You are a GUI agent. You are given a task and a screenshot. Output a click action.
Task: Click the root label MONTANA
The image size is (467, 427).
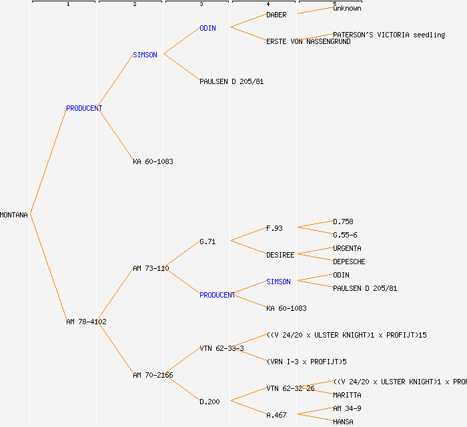pos(14,215)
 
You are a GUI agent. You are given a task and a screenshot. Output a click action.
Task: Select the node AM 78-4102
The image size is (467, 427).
pos(86,322)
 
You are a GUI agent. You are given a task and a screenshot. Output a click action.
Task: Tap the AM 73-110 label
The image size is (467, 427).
pos(150,268)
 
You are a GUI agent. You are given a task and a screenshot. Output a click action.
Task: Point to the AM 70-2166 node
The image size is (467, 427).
pos(153,375)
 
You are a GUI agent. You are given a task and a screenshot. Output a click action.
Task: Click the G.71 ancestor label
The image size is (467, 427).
pos(207,242)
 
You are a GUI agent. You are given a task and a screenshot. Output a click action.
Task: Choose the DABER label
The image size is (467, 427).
pos(276,15)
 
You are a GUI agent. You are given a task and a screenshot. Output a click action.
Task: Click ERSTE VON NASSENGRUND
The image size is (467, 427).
pos(308,41)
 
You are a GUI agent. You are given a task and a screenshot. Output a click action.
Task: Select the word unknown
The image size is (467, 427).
pos(347,8)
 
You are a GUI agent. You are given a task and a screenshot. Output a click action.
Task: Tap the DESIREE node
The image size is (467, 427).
pos(280,255)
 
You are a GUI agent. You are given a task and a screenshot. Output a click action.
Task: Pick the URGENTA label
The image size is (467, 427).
pos(347,248)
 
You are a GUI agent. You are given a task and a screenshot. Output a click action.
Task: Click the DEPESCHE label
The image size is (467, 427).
pos(349,262)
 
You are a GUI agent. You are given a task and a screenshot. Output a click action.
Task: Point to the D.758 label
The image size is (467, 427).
pos(343,222)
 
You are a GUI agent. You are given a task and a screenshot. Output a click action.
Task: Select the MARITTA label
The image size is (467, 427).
pos(347,395)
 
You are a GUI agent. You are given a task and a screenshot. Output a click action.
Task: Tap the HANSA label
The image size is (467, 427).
pos(343,422)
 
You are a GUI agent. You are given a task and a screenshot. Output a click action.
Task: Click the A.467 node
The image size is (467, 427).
pos(276,415)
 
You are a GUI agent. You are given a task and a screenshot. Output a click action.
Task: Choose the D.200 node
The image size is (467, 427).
pos(209,402)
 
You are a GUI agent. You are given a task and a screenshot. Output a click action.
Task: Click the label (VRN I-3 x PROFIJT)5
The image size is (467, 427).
pos(306,362)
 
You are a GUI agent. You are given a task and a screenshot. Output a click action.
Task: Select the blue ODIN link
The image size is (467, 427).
pos(207,28)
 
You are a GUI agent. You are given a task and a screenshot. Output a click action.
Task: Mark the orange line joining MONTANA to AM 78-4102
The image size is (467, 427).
pos(48,268)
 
